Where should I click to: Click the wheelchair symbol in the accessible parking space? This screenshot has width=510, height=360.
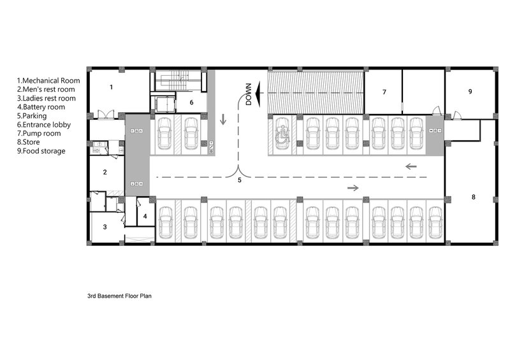(282, 134)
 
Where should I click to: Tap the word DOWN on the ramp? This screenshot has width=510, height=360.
(249, 94)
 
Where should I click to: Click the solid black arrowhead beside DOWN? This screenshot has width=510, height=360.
(259, 94)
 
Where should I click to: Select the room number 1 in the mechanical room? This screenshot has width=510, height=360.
(111, 87)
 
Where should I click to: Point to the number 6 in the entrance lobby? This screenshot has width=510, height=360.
(192, 103)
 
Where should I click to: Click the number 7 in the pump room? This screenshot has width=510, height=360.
(384, 92)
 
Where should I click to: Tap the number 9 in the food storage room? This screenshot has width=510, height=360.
(470, 92)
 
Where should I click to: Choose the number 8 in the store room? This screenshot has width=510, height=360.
(474, 197)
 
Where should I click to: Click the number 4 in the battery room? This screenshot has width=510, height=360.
(145, 216)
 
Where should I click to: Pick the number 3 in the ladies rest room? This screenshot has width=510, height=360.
(105, 227)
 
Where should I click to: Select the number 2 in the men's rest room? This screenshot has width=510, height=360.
(105, 172)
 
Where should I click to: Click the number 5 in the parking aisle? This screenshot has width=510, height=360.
(240, 180)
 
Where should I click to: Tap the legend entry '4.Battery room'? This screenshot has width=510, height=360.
(41, 107)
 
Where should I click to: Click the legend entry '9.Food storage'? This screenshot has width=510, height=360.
(41, 151)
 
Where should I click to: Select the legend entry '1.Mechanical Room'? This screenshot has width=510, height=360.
(48, 81)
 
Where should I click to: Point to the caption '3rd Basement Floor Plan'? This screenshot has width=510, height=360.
(119, 296)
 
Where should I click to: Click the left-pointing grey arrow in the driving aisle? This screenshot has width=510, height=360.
(411, 166)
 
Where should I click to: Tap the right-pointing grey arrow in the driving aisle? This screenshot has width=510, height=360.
(353, 187)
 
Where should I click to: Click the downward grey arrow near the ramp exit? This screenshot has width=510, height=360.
(222, 119)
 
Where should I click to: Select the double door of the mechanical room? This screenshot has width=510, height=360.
(106, 115)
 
